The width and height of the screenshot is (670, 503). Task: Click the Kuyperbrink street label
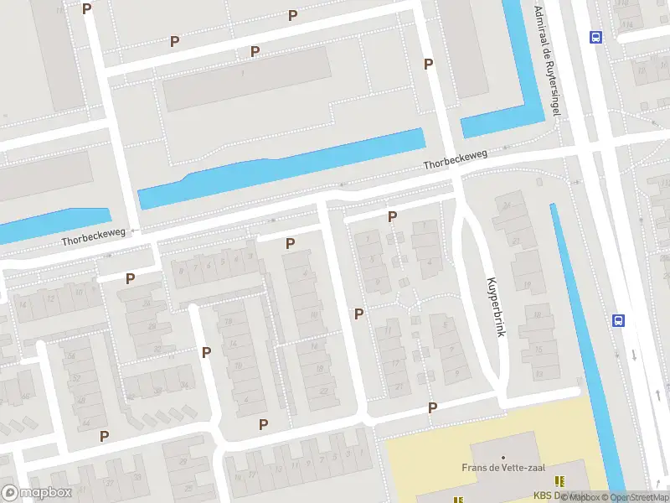(493, 307)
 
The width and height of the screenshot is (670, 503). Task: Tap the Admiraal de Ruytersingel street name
(551, 60)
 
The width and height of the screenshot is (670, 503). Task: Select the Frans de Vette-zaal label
(497, 468)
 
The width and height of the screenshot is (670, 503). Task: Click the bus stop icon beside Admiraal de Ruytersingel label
(595, 37)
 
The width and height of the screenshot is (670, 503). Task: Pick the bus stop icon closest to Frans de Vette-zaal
(619, 320)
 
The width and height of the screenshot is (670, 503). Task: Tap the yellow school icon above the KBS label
(559, 481)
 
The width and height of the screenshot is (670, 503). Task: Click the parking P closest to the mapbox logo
(105, 436)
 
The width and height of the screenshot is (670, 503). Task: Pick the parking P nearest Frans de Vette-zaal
(433, 408)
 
